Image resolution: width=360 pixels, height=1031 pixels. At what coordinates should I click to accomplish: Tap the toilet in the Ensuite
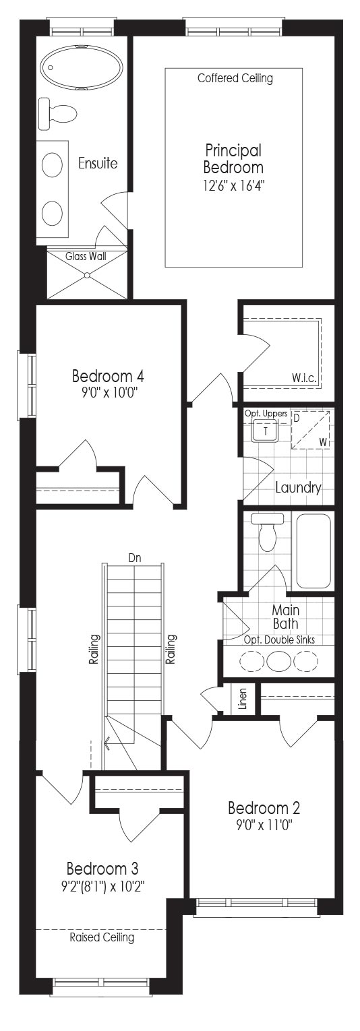57,113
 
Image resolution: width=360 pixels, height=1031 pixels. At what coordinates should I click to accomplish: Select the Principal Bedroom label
233,158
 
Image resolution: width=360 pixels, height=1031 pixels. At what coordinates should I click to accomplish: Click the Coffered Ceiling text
235,78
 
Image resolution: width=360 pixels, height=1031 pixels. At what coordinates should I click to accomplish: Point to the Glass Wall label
86,256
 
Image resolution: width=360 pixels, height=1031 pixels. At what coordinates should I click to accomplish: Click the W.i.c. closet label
304,378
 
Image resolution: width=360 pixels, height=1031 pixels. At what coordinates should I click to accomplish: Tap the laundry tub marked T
265,431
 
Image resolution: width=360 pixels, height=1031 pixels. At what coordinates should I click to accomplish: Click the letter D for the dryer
297,418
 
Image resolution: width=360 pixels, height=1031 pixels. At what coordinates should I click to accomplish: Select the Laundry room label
298,488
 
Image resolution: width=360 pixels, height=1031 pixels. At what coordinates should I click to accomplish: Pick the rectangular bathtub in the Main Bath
313,551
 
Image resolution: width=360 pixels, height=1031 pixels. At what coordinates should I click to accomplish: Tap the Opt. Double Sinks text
279,639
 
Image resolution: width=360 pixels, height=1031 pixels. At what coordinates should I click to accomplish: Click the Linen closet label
243,698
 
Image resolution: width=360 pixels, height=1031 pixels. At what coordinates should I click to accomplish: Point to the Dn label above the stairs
134,559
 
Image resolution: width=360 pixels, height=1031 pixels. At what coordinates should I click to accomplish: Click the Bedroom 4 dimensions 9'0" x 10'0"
108,393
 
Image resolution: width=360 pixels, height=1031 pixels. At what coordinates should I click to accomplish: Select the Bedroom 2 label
264,808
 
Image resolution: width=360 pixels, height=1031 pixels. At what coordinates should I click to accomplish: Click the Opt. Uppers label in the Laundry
266,413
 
